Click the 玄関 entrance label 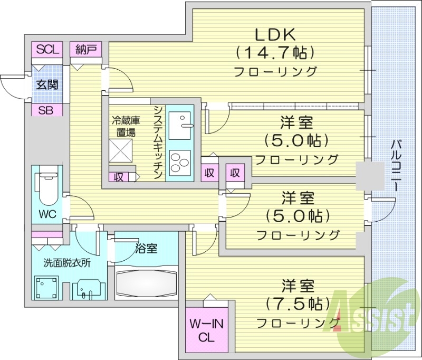pos(47,84)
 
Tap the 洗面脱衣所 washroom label pos(67,262)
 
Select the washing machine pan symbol pos(46,288)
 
